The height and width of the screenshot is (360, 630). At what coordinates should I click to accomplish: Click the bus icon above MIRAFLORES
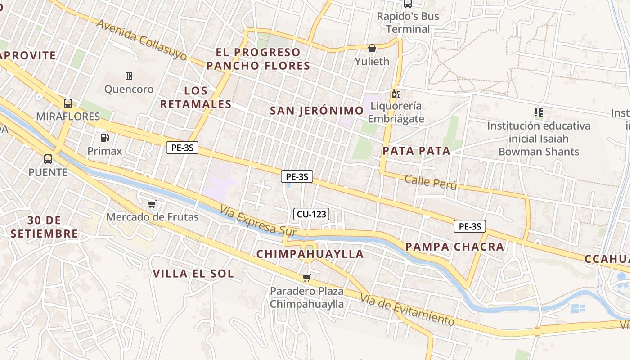point(68,103)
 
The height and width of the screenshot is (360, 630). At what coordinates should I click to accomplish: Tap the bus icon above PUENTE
point(48,159)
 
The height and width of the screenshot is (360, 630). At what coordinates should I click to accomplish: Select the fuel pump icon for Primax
point(104,137)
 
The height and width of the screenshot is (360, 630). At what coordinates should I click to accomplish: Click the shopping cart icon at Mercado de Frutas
point(152,204)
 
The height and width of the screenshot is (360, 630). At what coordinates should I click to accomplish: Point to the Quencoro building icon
point(129,76)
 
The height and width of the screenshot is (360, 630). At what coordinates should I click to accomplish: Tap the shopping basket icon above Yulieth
point(372,48)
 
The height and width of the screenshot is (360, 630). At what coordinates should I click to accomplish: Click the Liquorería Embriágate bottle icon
point(396,94)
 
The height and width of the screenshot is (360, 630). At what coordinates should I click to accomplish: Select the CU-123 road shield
point(311,214)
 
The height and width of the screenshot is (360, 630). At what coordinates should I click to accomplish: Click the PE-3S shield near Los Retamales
point(182,147)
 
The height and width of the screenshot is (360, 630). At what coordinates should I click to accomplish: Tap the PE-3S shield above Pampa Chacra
point(470,226)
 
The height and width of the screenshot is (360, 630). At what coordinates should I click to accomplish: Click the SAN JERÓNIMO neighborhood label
point(317,111)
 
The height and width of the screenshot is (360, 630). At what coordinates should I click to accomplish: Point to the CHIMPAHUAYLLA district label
point(310,254)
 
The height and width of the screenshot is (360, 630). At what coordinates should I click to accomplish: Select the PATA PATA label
point(416,151)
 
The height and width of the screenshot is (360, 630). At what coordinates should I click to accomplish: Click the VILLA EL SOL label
point(193,274)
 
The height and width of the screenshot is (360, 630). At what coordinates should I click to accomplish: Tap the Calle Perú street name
point(431,182)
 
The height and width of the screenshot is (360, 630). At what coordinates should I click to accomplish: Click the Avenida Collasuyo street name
point(142,40)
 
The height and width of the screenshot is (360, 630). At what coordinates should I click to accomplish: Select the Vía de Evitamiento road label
point(408,310)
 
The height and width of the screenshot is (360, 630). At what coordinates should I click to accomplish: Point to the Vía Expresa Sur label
point(258,221)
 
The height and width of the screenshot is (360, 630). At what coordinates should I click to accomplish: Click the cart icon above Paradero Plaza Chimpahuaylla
point(306,278)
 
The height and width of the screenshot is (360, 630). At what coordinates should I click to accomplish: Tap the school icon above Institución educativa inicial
point(538,112)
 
